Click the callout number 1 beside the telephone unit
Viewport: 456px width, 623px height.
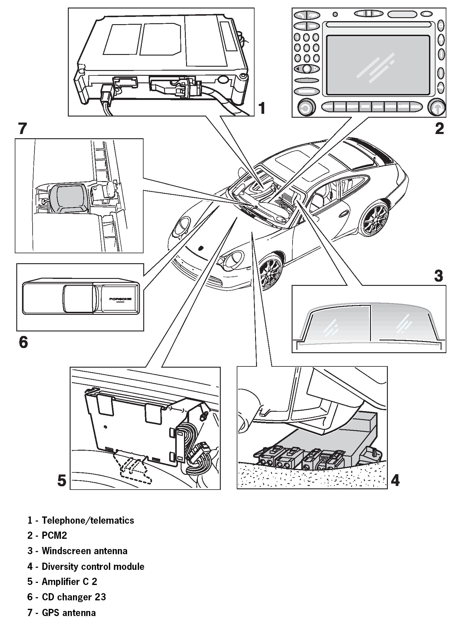pos(262,108)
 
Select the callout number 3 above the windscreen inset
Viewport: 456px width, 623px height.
pos(438,275)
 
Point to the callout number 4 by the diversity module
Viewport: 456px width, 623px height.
pos(395,480)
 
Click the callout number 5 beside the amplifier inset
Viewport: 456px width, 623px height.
pos(62,480)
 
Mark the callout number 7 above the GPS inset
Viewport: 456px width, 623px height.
pos(23,129)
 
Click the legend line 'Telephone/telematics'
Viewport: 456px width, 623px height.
pos(88,520)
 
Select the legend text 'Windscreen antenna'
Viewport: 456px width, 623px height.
pos(84,551)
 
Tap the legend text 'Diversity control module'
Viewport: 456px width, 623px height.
pos(93,566)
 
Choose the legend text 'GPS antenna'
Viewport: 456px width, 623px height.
pos(69,613)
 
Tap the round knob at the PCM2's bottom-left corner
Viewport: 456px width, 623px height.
pos(306,108)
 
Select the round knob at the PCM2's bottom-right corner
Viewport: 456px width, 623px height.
pos(437,107)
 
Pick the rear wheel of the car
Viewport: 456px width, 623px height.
pos(376,220)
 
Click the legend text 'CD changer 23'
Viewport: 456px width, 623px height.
pos(74,597)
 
